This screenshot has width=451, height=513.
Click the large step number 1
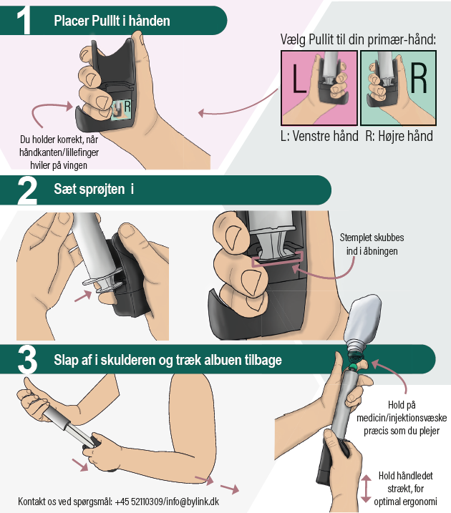pyautogui.click(x=24, y=21)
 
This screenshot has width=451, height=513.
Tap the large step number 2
pyautogui.click(x=26, y=191)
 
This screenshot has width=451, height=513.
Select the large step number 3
pyautogui.click(x=27, y=360)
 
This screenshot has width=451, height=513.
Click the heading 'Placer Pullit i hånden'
pyautogui.click(x=112, y=21)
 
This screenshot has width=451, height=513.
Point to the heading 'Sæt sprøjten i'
pyautogui.click(x=94, y=189)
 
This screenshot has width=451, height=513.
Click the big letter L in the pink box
pyautogui.click(x=298, y=78)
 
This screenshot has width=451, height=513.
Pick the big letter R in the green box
pyautogui.click(x=419, y=78)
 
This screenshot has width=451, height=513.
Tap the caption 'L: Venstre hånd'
pyautogui.click(x=319, y=136)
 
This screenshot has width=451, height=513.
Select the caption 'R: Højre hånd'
pyautogui.click(x=399, y=136)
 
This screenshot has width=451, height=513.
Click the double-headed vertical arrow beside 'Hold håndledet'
pyautogui.click(x=366, y=489)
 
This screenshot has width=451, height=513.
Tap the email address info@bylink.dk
pyautogui.click(x=193, y=502)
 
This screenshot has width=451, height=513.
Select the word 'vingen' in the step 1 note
pyautogui.click(x=75, y=165)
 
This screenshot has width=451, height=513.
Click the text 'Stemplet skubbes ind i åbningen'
pyautogui.click(x=372, y=244)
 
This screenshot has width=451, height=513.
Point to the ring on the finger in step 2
pyautogui.click(x=74, y=250)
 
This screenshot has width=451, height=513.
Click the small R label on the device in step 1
pyautogui.click(x=127, y=107)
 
